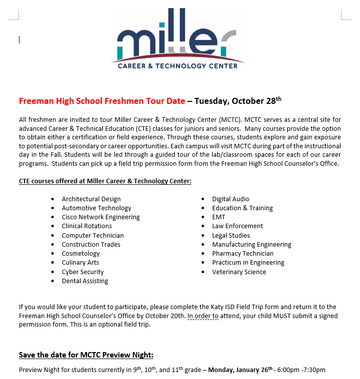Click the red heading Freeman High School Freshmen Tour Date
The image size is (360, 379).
[102, 101]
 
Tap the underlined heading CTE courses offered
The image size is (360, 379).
[105, 181]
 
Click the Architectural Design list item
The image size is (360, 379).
[91, 199]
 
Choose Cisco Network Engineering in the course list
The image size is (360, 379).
[101, 217]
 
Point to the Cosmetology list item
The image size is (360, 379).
[81, 254]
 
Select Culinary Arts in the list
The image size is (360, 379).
[80, 263]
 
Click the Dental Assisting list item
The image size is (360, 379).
[85, 281]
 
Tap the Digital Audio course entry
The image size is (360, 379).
[231, 199]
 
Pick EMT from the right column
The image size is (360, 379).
[219, 217]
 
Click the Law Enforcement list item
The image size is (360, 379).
[238, 226]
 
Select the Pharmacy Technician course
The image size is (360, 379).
[243, 254]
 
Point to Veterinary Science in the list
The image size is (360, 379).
[239, 272]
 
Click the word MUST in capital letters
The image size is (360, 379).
[271, 316]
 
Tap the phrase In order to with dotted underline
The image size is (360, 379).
[203, 316]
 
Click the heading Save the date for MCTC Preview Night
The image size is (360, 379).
[86, 355]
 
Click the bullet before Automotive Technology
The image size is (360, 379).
[53, 208]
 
